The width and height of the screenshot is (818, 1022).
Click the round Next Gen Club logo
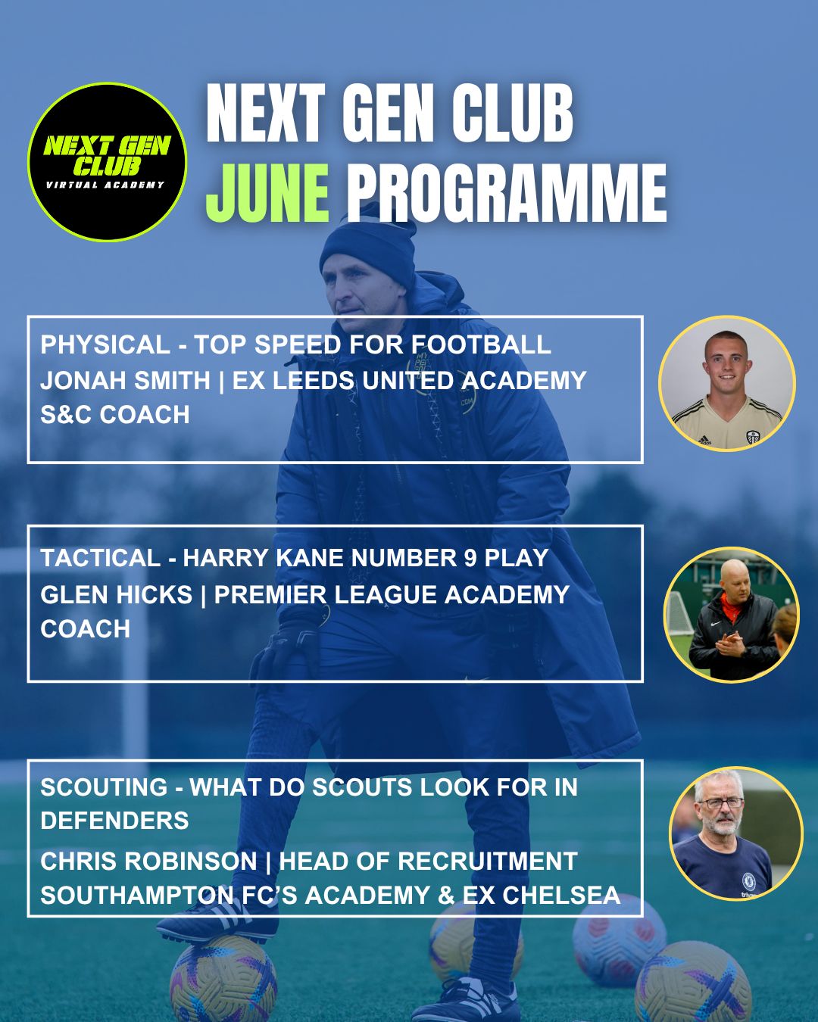coord(108,162)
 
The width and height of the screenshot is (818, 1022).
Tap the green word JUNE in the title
coord(267,193)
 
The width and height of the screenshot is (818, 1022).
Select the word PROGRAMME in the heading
coord(507,193)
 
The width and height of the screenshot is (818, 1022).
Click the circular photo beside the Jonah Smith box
coord(727,383)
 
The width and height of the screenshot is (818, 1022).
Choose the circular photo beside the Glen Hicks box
coord(731,615)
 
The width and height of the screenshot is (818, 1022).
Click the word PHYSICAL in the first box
coord(105,344)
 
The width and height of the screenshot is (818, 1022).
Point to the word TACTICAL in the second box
coord(100,557)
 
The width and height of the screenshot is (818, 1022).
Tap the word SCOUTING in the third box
coord(104,787)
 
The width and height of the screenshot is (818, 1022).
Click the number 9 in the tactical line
coord(470,557)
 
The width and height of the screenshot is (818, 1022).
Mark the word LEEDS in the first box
coord(314,380)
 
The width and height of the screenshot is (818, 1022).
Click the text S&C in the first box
coord(67,414)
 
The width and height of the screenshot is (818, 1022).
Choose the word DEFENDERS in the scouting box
coord(114,821)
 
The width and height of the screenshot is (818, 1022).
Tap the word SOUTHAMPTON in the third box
coord(137,895)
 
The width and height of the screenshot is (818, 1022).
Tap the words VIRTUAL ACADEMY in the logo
coord(105,184)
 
